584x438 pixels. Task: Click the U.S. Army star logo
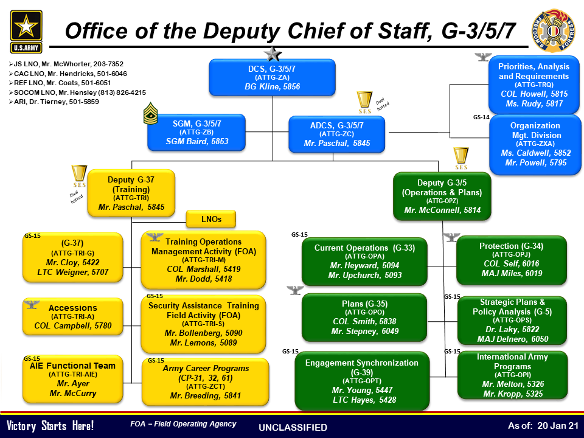26,32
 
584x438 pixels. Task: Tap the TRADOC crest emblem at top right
554,30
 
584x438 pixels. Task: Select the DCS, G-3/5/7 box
273,77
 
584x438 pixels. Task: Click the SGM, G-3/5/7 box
196,132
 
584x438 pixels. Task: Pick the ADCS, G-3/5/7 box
336,134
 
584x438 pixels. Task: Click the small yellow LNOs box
211,219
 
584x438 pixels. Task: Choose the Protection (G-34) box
512,260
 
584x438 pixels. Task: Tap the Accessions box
72,316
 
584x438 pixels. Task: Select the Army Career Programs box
205,382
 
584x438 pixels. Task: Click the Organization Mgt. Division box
535,144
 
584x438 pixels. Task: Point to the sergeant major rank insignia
150,113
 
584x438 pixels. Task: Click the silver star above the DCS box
273,54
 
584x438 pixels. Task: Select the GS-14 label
481,117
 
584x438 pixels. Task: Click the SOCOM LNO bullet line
77,92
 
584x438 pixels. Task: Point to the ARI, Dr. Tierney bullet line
54,102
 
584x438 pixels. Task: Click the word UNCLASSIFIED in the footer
293,427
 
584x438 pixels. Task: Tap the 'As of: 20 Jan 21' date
543,426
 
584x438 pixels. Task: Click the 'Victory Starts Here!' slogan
50,426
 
